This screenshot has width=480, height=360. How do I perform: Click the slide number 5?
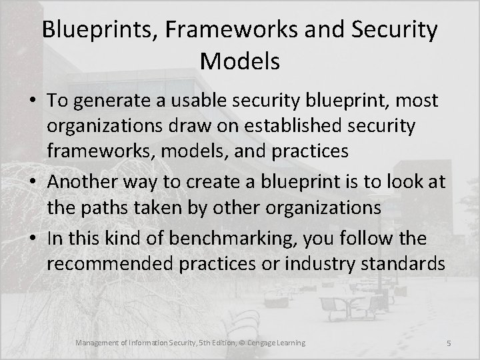point(449,343)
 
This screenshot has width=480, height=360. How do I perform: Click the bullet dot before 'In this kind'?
point(35,237)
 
